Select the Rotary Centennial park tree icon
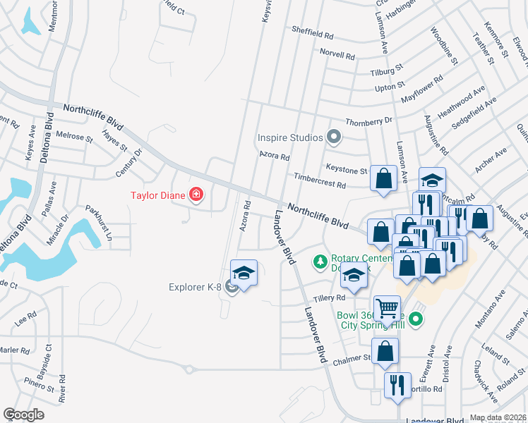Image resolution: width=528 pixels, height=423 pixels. pos(320,262)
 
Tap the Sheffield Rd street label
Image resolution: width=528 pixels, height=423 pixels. pos(314,32)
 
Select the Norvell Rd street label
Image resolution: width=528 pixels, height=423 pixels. pos(336,54)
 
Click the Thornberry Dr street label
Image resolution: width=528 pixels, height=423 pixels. pos(368,121)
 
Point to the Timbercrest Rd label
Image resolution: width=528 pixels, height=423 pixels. pos(320,182)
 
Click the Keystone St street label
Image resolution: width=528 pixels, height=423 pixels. pos(347,168)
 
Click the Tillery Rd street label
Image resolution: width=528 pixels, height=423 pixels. pos(330,298)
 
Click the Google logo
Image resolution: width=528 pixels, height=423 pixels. pos(23,415)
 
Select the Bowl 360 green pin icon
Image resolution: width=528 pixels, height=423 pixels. pos(416,319)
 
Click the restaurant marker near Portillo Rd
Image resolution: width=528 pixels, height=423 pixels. pos(397,385)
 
